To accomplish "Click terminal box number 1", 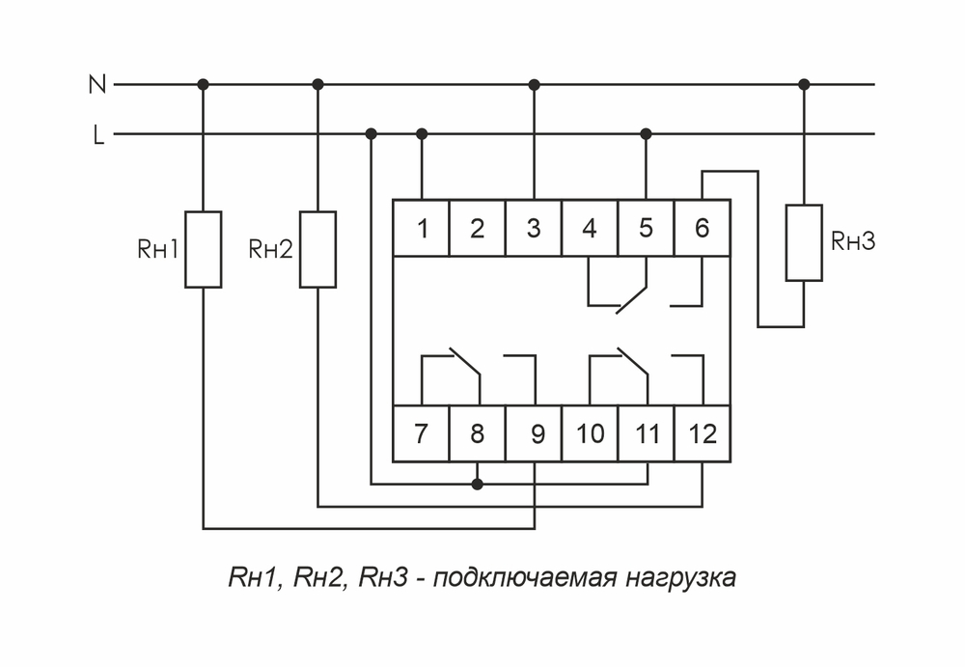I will tap(422, 229).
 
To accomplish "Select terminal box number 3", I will tap(534, 229).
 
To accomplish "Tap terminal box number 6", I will tap(702, 229).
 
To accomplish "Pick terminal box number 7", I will tap(422, 433).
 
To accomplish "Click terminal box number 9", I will tap(534, 433).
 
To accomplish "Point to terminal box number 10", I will tap(590, 433).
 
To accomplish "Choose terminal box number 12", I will tap(703, 433).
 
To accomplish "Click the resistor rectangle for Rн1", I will tap(204, 249).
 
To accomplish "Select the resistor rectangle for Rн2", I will tap(317, 249).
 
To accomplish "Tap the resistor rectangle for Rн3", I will tap(804, 242).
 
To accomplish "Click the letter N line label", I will tap(96, 85).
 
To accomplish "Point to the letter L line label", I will tap(97, 135).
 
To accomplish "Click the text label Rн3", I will tap(852, 242).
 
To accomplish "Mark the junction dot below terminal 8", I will tap(477, 484).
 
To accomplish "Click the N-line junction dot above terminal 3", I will tap(535, 85).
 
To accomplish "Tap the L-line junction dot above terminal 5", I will tap(647, 133).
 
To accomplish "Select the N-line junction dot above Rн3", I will tap(804, 85).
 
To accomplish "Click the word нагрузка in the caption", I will tap(679, 578).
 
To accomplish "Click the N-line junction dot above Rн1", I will tap(204, 85).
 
